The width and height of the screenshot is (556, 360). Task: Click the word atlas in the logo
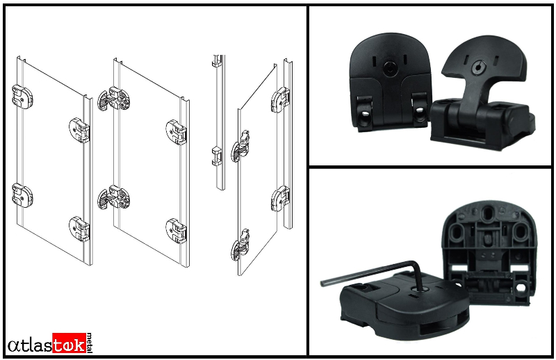pos(30,345)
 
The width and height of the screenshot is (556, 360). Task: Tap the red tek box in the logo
pos(69,343)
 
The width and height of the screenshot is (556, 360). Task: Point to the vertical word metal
pos(90,343)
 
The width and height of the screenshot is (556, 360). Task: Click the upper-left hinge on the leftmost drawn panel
pos(22,97)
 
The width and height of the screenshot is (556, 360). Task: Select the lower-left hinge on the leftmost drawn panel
pos(22,195)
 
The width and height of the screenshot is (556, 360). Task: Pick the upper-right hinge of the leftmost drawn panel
pos(79,130)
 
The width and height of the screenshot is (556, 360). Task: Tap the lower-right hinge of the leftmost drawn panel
pos(79,229)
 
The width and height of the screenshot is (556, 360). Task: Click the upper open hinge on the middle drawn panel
pos(113,99)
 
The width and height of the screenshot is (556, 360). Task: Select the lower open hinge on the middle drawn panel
pos(113,197)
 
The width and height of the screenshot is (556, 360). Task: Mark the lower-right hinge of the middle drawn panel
pos(177,231)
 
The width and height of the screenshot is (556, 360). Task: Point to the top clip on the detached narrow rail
pos(218,61)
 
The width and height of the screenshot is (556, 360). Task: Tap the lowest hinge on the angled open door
pos(240,245)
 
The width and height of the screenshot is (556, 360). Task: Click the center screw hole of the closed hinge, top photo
pos(390,68)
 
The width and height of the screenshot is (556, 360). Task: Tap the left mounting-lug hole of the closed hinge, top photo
pos(363,117)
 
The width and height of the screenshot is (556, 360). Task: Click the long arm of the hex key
pos(369,272)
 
